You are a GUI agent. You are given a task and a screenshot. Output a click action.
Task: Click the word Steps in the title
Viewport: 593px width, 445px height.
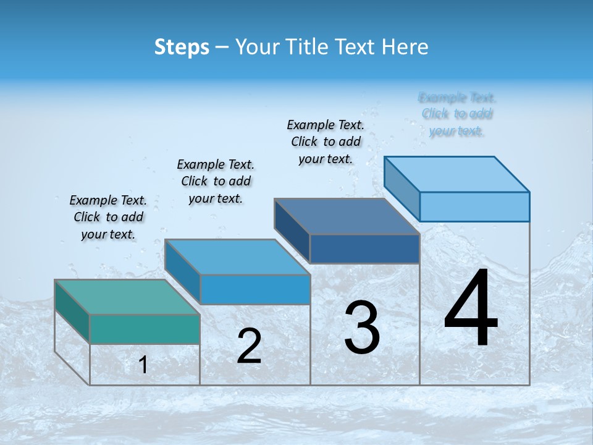tap(182, 47)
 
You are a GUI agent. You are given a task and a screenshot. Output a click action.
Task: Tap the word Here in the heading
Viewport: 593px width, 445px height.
tap(406, 47)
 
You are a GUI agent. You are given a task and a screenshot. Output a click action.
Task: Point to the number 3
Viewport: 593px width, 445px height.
tap(362, 328)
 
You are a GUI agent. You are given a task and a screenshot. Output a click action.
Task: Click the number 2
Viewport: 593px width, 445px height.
tap(249, 346)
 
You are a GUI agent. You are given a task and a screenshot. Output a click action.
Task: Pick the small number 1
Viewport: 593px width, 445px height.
tap(143, 365)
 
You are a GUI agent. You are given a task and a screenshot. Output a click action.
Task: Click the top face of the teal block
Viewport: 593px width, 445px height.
tap(127, 297)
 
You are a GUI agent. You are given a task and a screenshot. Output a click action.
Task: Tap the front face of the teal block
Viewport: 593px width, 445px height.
tap(145, 329)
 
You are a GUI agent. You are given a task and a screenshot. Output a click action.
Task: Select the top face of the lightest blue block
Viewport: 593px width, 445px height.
tap(457, 174)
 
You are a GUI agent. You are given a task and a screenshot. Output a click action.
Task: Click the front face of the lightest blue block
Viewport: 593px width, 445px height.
tap(474, 206)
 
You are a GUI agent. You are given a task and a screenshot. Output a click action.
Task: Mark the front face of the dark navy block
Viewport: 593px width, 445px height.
tap(364, 248)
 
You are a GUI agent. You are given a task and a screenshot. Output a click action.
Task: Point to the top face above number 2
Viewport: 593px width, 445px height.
tap(237, 256)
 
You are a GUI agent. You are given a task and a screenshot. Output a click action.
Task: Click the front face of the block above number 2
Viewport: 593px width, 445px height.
tap(254, 289)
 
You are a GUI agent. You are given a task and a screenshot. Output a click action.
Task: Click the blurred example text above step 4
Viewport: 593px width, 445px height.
tap(457, 114)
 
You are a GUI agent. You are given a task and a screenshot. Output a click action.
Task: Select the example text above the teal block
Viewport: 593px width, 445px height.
tap(108, 217)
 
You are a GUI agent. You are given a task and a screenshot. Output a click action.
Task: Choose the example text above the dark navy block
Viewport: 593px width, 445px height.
tap(326, 142)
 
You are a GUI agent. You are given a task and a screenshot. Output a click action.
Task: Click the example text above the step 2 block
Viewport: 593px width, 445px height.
tap(216, 181)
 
